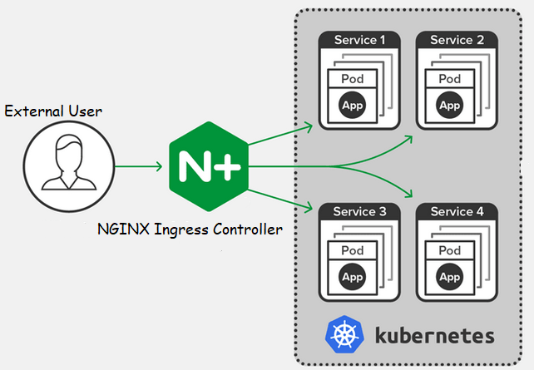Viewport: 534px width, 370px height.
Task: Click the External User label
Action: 53,111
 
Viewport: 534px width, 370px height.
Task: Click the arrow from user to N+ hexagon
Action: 138,167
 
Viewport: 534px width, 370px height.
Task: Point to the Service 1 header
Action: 359,40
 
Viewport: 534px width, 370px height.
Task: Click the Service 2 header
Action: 456,40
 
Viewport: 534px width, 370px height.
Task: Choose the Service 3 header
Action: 359,211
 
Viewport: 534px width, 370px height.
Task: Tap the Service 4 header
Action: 456,211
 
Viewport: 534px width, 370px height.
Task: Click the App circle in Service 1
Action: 354,106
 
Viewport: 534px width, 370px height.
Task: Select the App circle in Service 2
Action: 450,106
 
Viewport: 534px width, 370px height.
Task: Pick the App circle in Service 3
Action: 354,276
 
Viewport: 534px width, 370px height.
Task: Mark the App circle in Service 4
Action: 450,276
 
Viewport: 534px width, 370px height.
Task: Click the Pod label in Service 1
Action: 354,79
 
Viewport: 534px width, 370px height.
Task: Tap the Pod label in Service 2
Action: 450,79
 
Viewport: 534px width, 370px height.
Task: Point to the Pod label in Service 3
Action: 354,250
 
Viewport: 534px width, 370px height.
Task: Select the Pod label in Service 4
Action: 450,250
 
